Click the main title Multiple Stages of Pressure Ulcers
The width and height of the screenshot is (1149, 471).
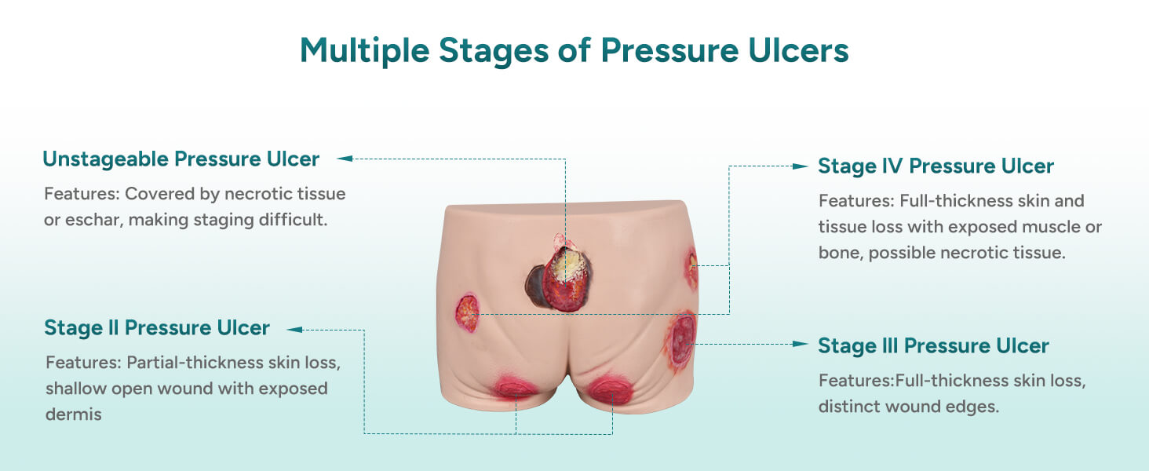574,51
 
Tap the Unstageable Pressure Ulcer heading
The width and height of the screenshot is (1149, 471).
181,159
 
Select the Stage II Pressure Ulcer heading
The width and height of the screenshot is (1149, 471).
157,327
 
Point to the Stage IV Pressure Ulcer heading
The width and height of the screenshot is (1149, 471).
936,166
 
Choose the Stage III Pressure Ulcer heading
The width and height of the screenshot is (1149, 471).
933,346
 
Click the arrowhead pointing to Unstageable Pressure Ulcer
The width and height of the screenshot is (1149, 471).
345,159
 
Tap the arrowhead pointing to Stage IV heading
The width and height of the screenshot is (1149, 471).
801,166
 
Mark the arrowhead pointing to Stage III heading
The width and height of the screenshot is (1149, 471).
801,344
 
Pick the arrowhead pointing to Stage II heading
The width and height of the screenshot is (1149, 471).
294,330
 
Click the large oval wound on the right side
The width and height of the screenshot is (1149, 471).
682,339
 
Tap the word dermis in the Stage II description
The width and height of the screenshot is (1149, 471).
74,414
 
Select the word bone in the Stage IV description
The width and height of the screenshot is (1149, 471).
839,254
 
